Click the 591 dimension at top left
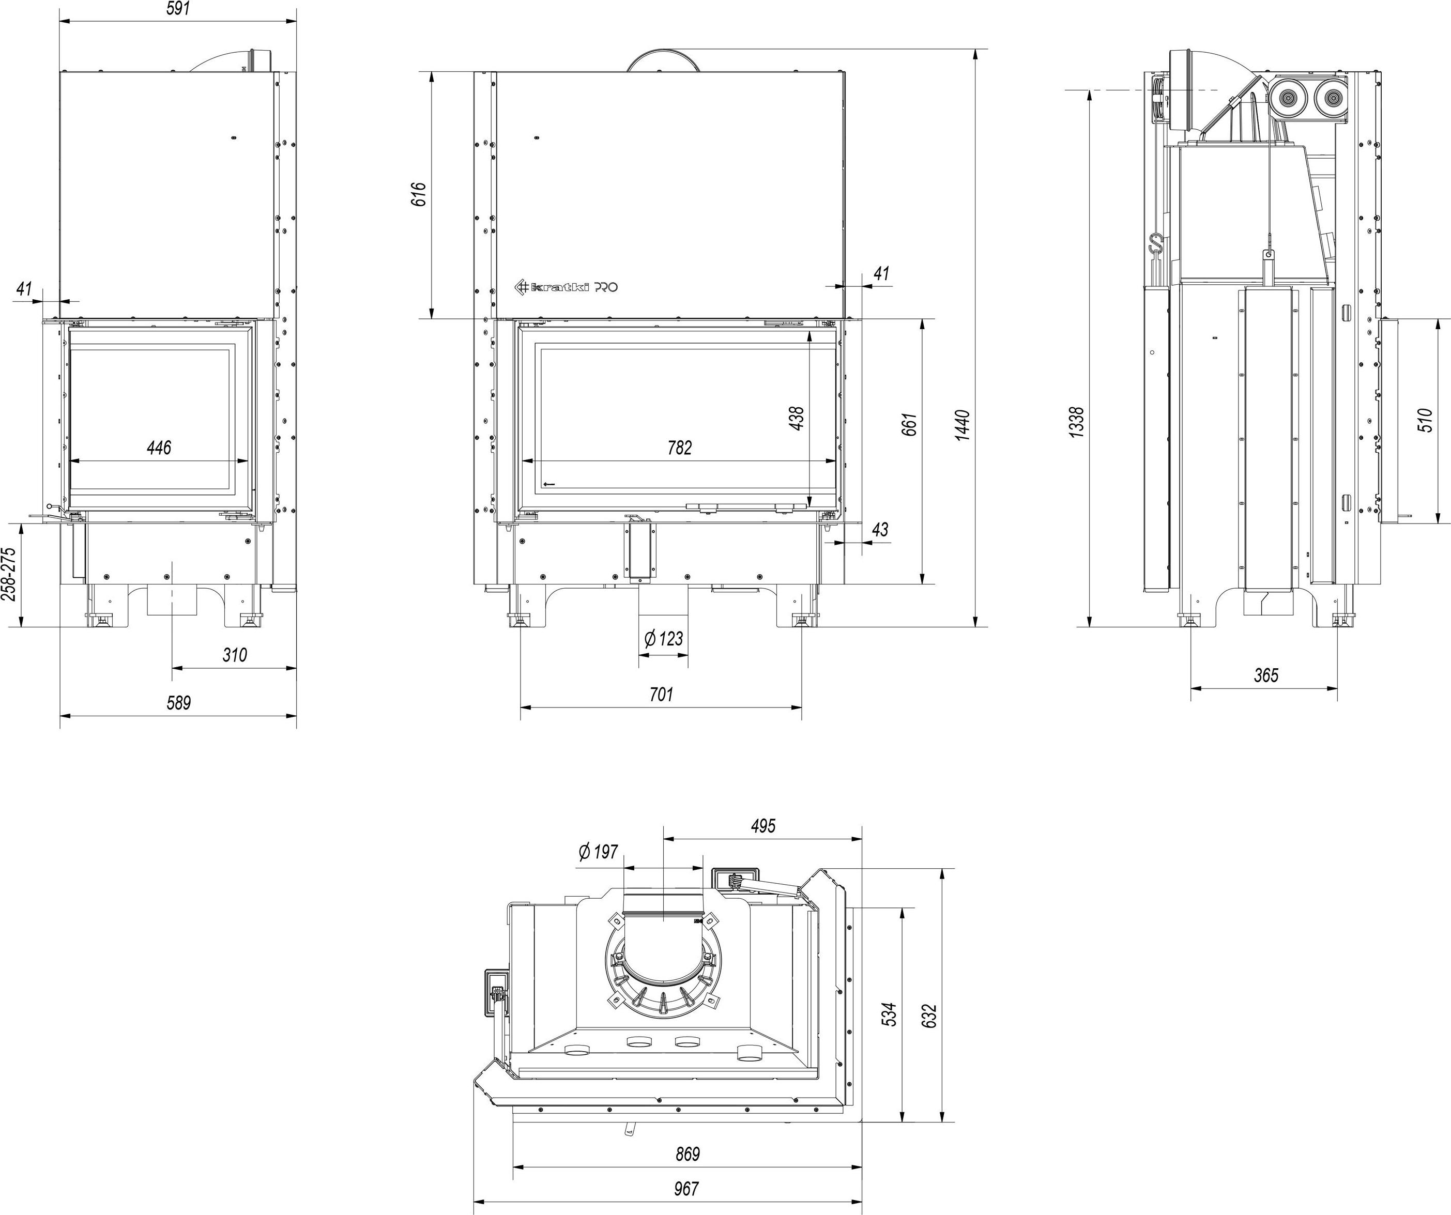click(x=178, y=9)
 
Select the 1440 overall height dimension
click(x=963, y=425)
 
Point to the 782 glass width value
click(x=679, y=448)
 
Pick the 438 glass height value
click(x=796, y=419)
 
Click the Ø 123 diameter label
click(x=663, y=639)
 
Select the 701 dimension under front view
click(x=661, y=694)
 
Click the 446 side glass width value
click(x=159, y=448)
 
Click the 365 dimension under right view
click(x=1266, y=675)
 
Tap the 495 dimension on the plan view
click(x=763, y=825)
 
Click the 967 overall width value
click(x=686, y=1188)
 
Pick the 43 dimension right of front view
click(x=880, y=530)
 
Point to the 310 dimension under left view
click(x=234, y=655)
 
